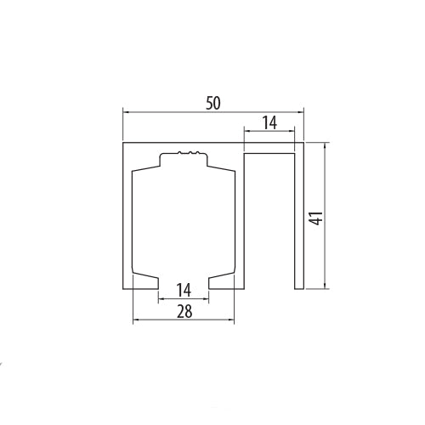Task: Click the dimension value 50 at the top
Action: pyautogui.click(x=213, y=102)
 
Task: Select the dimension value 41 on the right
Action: pyautogui.click(x=315, y=218)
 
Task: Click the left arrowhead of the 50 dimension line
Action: pyautogui.click(x=127, y=111)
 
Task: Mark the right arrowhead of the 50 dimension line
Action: pyautogui.click(x=301, y=111)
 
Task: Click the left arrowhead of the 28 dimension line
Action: pyautogui.click(x=135, y=320)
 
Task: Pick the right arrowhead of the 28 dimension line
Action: pyautogui.click(x=231, y=320)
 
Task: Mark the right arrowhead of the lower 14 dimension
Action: pyautogui.click(x=207, y=299)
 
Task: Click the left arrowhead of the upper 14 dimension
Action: pyautogui.click(x=248, y=132)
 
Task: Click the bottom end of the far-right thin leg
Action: pyautogui.click(x=300, y=286)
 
